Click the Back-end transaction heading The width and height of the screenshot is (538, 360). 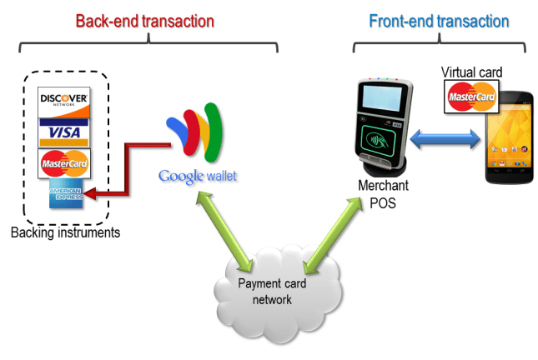tap(144, 20)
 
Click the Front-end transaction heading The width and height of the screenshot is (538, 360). tap(439, 20)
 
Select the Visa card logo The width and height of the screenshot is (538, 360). tap(64, 132)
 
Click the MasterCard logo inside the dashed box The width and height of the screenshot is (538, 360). tap(64, 163)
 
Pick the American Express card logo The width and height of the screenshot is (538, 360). tap(65, 194)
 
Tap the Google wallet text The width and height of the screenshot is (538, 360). tap(198, 176)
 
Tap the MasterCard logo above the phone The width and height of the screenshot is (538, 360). tap(471, 97)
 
